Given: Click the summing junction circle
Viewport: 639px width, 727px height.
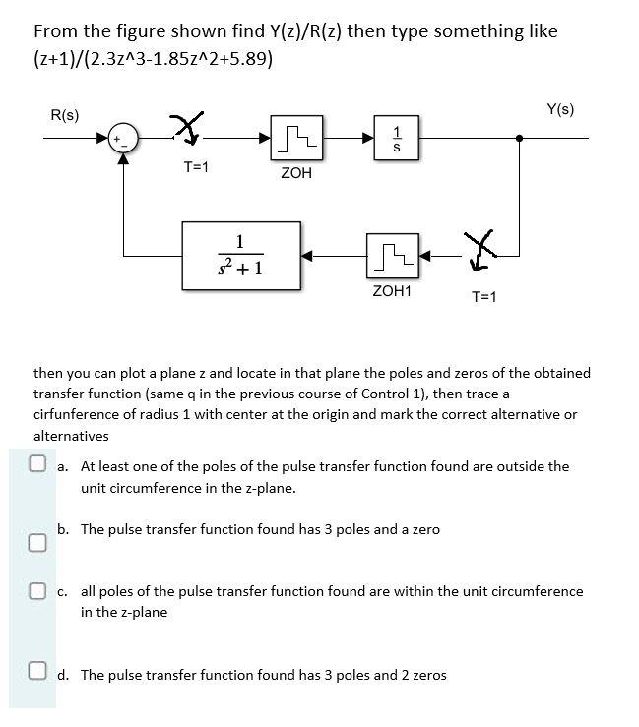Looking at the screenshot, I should coord(123,141).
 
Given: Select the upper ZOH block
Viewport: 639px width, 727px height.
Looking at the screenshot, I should coord(295,140).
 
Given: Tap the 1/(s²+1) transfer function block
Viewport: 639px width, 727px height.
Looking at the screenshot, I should coord(241,256).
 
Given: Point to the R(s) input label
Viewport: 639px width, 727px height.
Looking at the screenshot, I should coord(65,116).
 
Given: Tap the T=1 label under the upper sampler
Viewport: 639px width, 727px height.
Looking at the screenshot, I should coord(196,167).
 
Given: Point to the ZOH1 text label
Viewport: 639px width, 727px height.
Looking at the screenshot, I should coord(392,292).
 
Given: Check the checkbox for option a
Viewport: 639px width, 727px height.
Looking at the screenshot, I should coord(37,465).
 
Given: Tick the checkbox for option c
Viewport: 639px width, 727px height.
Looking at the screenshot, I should coord(37,591).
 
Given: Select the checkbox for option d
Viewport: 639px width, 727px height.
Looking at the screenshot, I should coord(37,674).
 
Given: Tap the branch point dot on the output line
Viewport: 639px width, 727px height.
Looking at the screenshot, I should coord(520,140).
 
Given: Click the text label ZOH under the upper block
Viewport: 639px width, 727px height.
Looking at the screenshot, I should coord(295,173).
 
